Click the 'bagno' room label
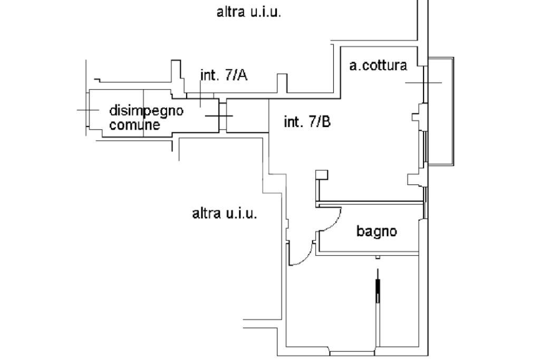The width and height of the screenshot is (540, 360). click(377, 231)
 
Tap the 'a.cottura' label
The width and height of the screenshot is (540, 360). click(378, 66)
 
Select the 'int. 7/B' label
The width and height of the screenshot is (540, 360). click(307, 122)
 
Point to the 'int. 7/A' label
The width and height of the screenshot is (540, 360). click(224, 75)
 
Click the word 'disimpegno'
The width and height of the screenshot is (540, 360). click(146, 111)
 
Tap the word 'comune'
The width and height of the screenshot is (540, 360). click(134, 125)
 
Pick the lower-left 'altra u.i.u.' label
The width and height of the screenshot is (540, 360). click(225, 213)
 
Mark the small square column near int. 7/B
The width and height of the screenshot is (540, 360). click(321, 174)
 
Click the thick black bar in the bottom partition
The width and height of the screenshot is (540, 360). click(378, 290)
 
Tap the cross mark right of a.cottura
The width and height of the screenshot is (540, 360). click(423, 83)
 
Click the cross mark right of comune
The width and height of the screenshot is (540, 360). click(218, 115)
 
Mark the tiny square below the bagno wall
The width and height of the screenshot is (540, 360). click(378, 257)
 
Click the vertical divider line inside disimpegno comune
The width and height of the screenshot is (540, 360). click(144, 113)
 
